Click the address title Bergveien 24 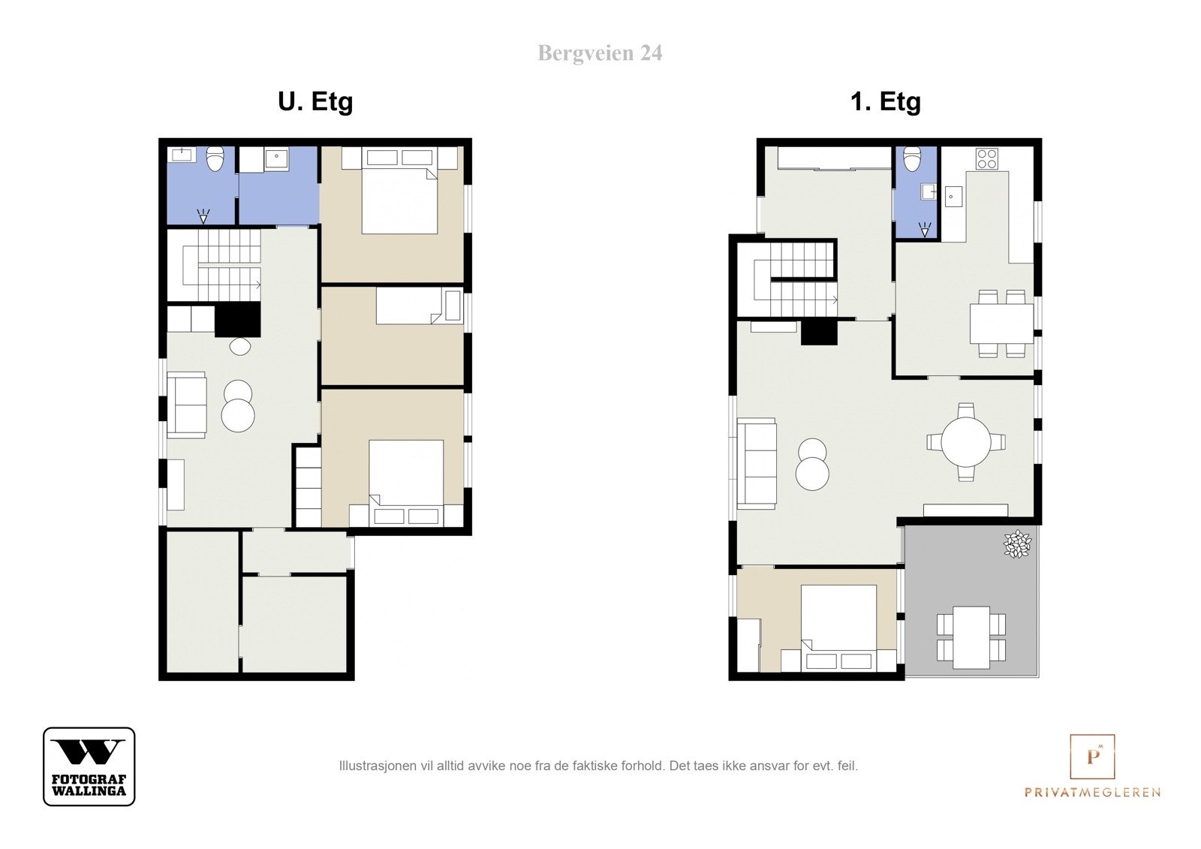pyautogui.click(x=600, y=53)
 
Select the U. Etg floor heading pyautogui.click(x=315, y=102)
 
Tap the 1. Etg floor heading pyautogui.click(x=885, y=102)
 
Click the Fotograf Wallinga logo pyautogui.click(x=89, y=766)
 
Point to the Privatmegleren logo pyautogui.click(x=1092, y=766)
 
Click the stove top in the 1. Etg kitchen pyautogui.click(x=986, y=158)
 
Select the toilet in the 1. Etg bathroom pyautogui.click(x=912, y=158)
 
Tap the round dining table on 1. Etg pyautogui.click(x=966, y=442)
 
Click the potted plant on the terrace pyautogui.click(x=1017, y=543)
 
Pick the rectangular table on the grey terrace pyautogui.click(x=971, y=637)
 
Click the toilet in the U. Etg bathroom pyautogui.click(x=215, y=158)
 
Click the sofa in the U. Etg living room pyautogui.click(x=187, y=405)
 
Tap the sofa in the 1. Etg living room pyautogui.click(x=757, y=463)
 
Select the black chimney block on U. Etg pyautogui.click(x=237, y=320)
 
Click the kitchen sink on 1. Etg pyautogui.click(x=953, y=196)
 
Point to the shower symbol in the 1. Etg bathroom pyautogui.click(x=924, y=230)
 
